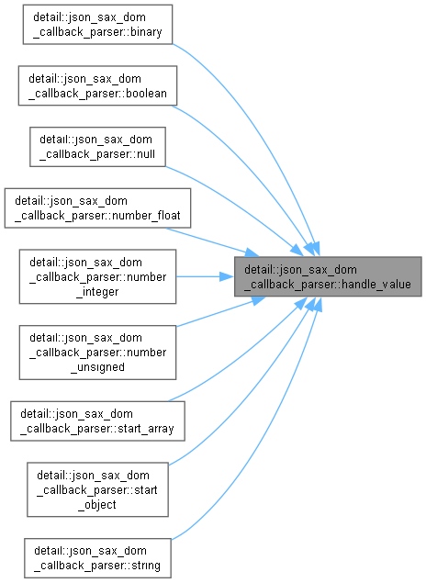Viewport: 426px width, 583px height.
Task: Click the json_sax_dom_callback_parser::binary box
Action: pyautogui.click(x=97, y=25)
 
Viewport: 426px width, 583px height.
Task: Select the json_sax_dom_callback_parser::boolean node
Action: pyautogui.click(x=97, y=85)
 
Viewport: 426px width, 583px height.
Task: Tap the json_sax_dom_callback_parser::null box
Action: pyautogui.click(x=97, y=147)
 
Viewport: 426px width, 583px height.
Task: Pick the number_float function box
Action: pyautogui.click(x=97, y=208)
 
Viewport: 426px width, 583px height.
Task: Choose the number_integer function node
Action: pyautogui.click(x=97, y=276)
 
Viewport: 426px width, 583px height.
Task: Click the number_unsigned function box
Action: pyautogui.click(x=97, y=353)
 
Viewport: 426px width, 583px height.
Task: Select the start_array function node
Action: pyautogui.click(x=97, y=421)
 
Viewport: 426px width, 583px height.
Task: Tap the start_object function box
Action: pyautogui.click(x=97, y=489)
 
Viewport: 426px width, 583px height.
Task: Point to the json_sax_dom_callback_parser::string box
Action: pyautogui.click(x=97, y=558)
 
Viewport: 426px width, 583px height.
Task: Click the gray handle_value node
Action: pyautogui.click(x=328, y=276)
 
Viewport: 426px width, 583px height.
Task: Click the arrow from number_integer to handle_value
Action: pyautogui.click(x=205, y=276)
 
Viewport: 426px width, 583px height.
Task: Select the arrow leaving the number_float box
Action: pyautogui.click(x=213, y=242)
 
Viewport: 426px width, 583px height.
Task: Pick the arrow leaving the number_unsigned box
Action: pyautogui.click(x=220, y=313)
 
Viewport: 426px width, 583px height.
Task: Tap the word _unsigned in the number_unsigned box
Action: pyautogui.click(x=97, y=367)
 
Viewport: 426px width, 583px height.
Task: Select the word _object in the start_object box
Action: pyautogui.click(x=97, y=505)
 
